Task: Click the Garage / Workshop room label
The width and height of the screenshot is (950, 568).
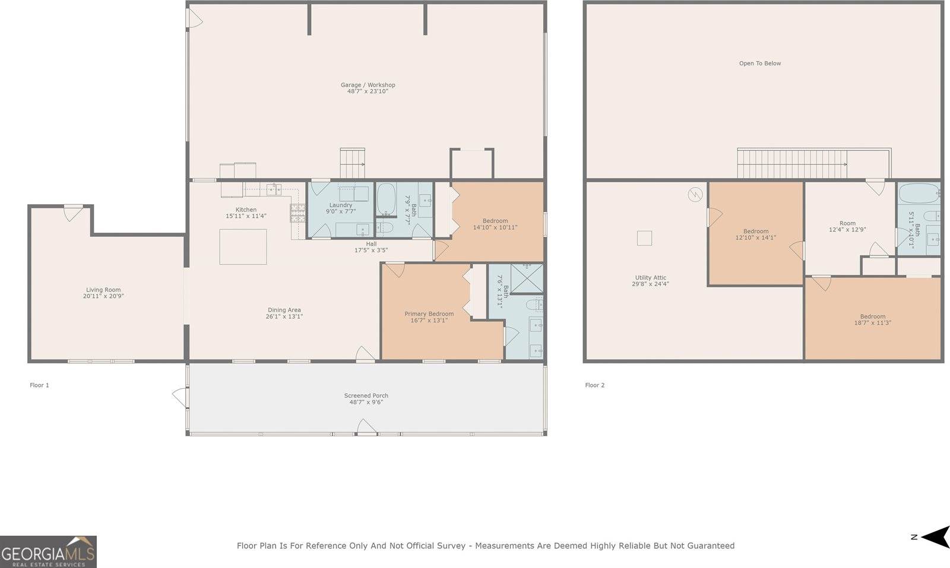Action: [x=368, y=85]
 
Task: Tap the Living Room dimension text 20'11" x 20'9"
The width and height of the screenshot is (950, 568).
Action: [x=103, y=296]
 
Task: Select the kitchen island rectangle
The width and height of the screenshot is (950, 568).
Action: [x=243, y=246]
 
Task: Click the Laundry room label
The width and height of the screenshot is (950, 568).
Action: [x=341, y=205]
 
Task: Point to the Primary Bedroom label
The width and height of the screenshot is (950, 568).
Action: [x=429, y=314]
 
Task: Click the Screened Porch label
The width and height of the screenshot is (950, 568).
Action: [x=366, y=395]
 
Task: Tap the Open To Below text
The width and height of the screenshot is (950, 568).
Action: [x=759, y=64]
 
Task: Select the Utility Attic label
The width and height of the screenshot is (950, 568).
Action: [x=650, y=278]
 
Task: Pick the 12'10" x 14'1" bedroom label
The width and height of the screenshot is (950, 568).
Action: [x=755, y=231]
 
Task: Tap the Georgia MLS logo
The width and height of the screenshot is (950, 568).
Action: [x=48, y=552]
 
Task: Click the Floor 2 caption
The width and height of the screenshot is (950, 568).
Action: [x=594, y=385]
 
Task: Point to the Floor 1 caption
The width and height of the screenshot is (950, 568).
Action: [x=39, y=385]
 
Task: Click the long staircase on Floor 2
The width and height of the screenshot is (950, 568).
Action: [x=792, y=163]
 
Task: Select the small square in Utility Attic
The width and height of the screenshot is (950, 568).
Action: [x=644, y=238]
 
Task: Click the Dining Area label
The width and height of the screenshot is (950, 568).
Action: [x=284, y=310]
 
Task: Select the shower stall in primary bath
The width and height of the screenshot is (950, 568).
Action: [x=526, y=278]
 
